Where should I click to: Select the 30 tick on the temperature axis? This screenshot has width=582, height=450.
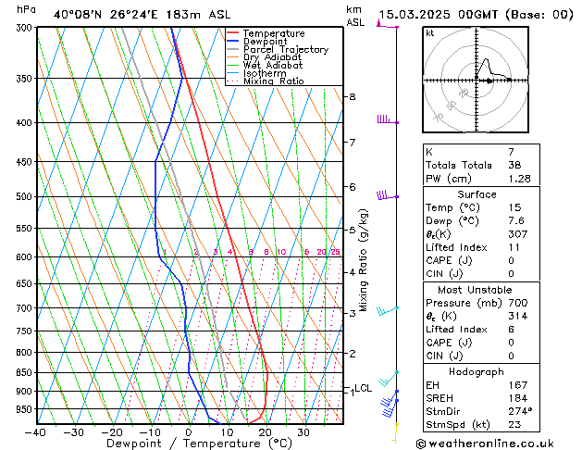[303, 431]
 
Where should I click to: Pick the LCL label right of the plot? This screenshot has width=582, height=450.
[364, 388]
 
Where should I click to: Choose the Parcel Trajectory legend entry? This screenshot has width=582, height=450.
[285, 50]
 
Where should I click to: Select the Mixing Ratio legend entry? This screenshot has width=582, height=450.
[274, 81]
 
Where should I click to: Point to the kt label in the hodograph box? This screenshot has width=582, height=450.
[430, 32]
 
